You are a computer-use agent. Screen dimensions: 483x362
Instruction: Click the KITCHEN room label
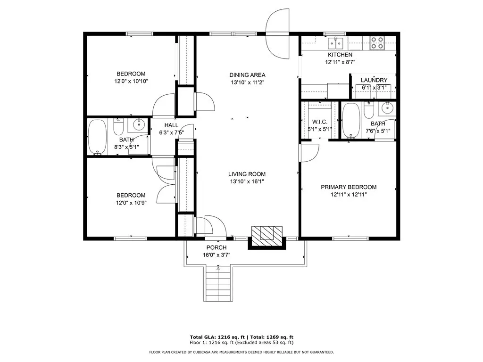(x=340, y=55)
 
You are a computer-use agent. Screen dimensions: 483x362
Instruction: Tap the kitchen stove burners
(x=377, y=43)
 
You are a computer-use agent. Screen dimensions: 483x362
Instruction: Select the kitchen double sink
(x=335, y=43)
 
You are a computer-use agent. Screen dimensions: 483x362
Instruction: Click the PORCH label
(x=217, y=247)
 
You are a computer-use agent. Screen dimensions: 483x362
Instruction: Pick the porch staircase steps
(x=218, y=284)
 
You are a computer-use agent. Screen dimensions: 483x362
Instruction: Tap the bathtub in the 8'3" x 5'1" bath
(x=97, y=137)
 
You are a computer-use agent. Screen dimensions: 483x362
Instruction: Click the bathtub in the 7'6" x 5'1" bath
(x=351, y=121)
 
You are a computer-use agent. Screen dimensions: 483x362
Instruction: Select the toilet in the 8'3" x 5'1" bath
(x=118, y=127)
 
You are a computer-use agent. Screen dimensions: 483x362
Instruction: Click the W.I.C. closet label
(x=320, y=122)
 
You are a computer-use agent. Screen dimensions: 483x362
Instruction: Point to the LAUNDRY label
(x=374, y=80)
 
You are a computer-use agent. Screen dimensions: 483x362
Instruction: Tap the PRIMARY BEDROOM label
(x=349, y=187)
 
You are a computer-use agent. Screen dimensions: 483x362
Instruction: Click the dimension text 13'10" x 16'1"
(x=247, y=181)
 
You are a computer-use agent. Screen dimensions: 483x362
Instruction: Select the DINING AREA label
(x=247, y=75)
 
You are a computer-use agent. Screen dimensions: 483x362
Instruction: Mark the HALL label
(x=171, y=125)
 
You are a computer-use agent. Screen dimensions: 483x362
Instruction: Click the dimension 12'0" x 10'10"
(x=131, y=81)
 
